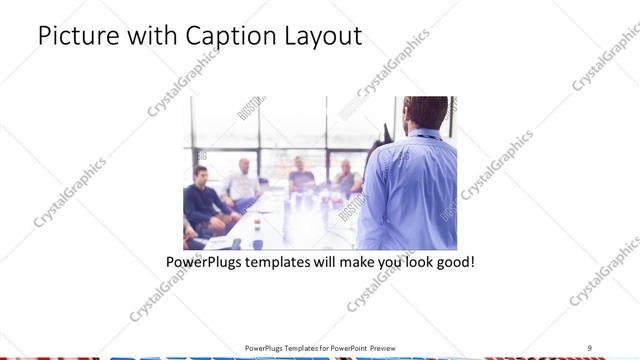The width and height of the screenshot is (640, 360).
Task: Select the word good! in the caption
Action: click(x=453, y=263)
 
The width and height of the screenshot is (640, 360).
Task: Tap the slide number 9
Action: click(x=589, y=347)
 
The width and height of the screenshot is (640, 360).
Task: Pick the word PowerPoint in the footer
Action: click(x=345, y=347)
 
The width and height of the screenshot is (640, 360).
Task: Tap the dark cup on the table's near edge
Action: click(x=257, y=243)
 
